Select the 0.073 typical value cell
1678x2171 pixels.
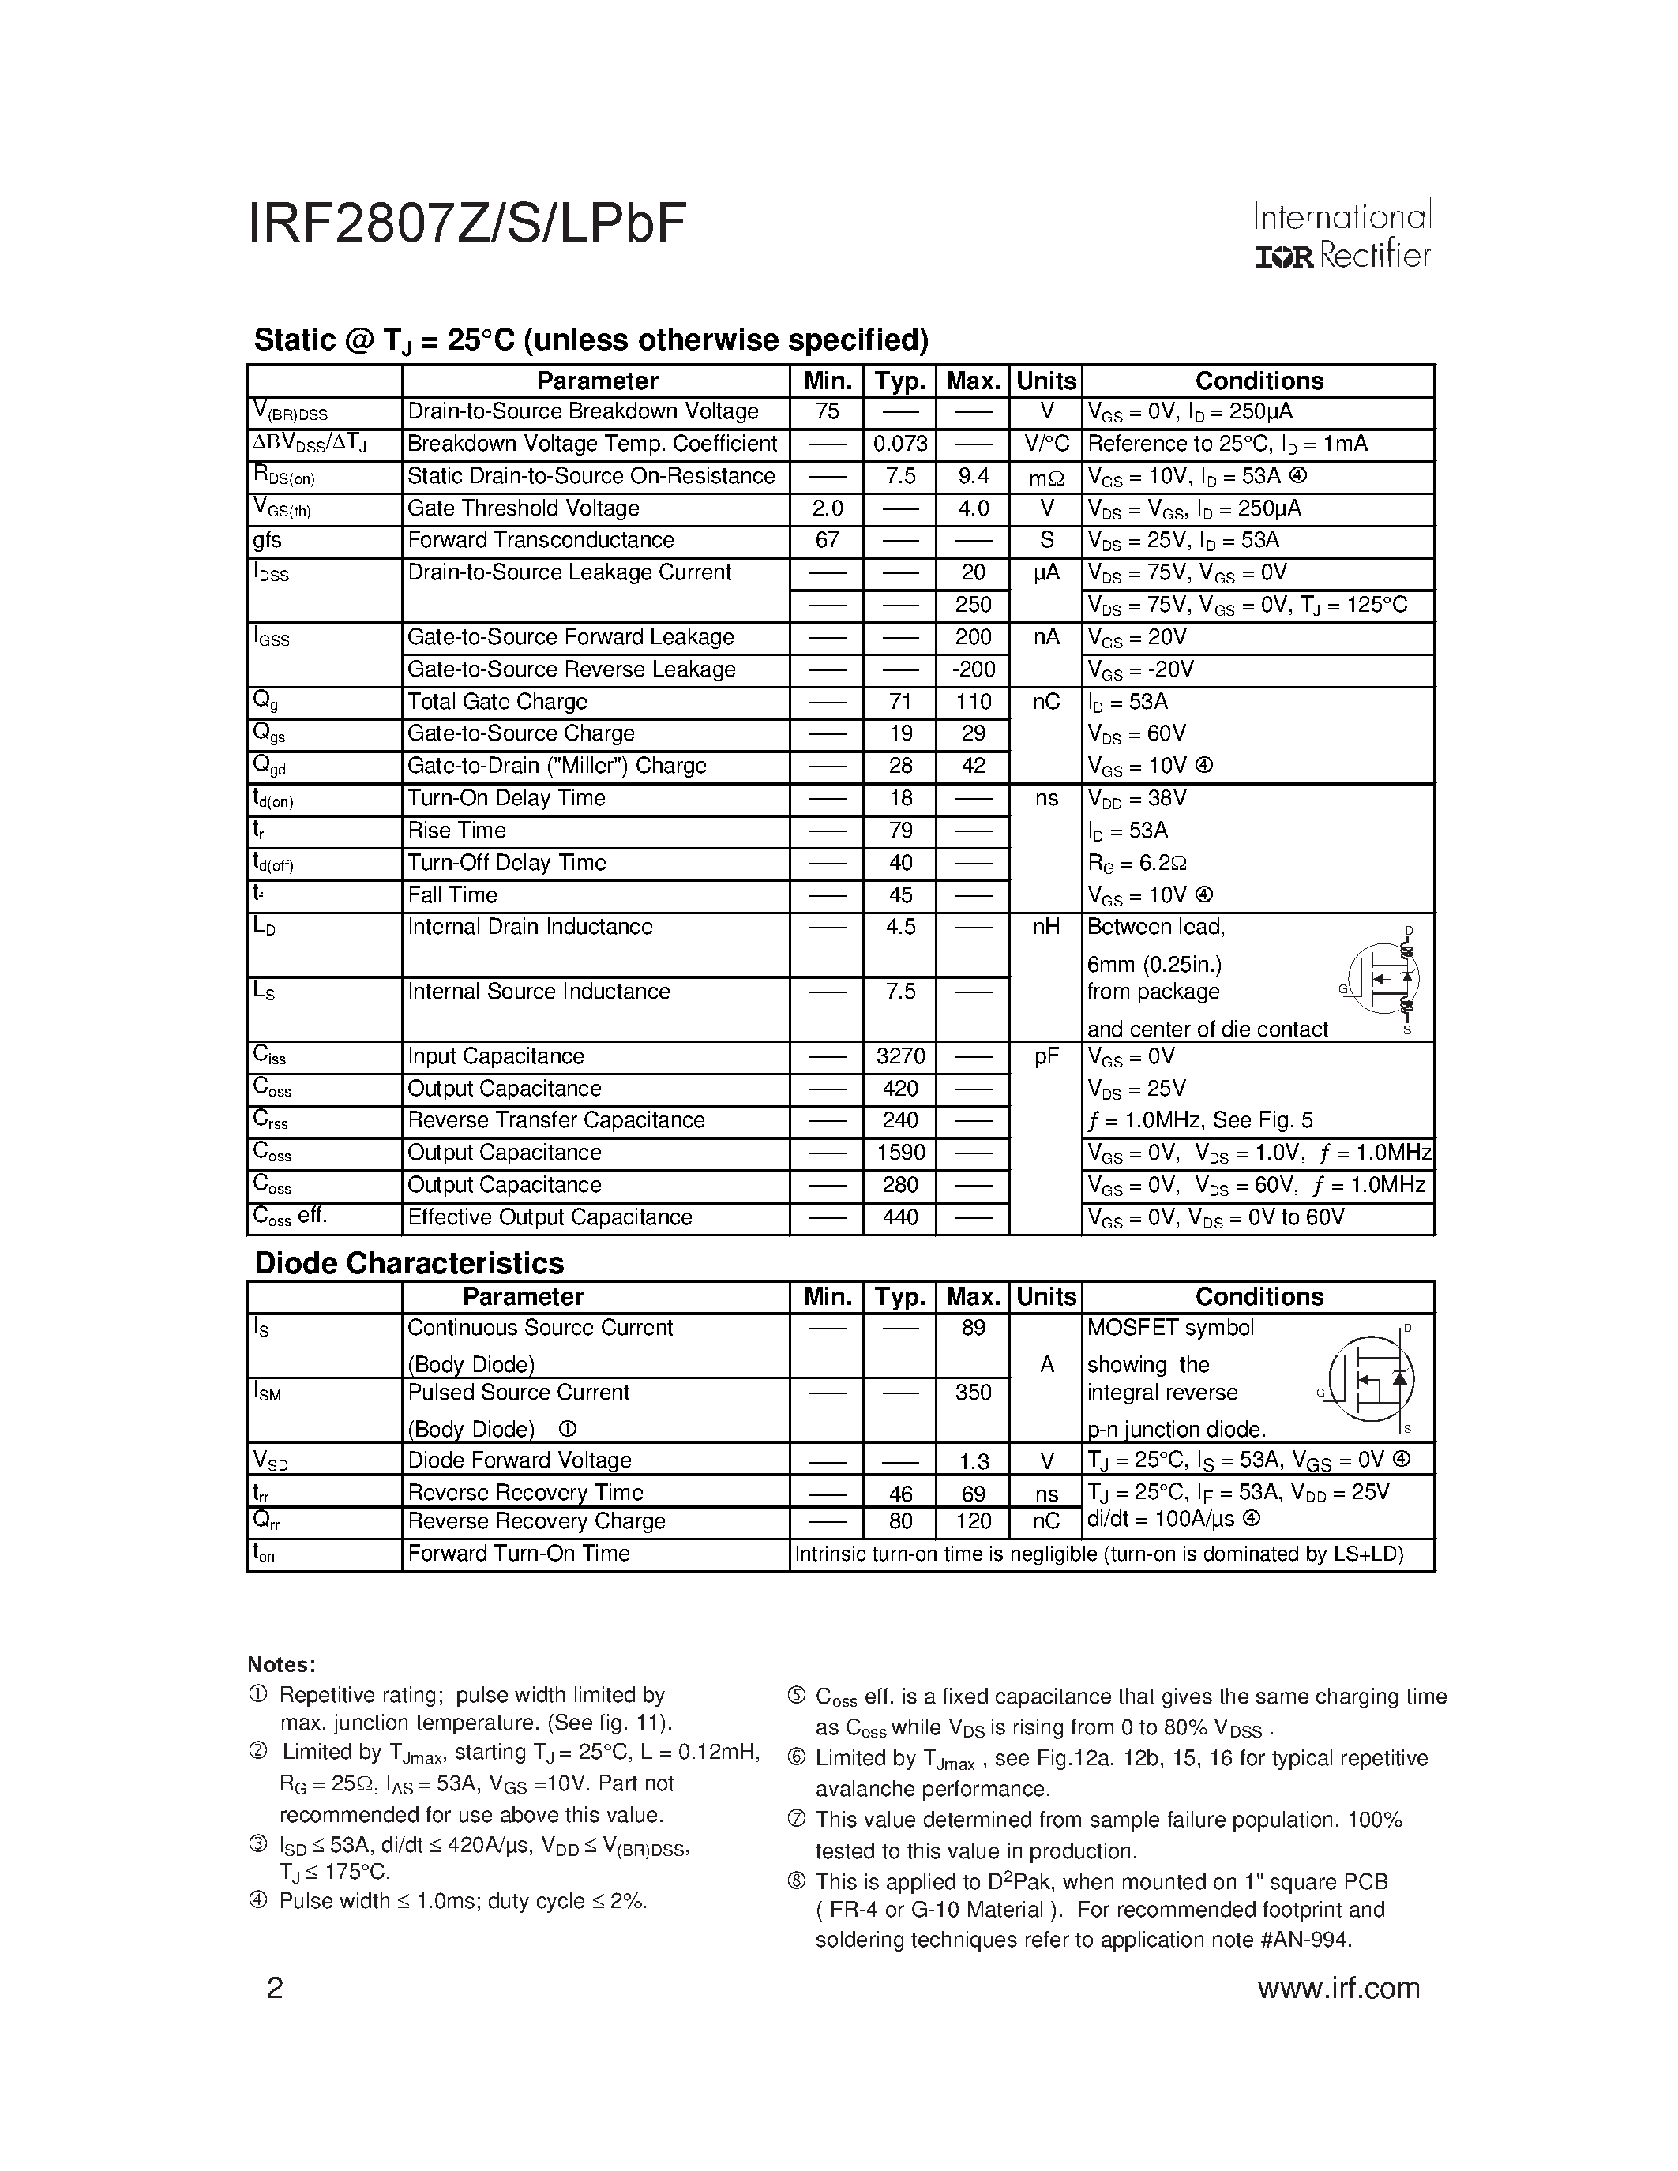(899, 444)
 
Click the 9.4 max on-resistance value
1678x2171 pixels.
(973, 476)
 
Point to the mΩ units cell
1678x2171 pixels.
(1045, 478)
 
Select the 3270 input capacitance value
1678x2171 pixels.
(899, 1056)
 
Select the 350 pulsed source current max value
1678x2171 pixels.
(973, 1393)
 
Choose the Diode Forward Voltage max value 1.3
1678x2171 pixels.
(973, 1461)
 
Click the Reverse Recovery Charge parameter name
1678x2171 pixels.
(536, 1522)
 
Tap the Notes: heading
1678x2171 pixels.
(281, 1665)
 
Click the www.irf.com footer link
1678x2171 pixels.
(1338, 1987)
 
